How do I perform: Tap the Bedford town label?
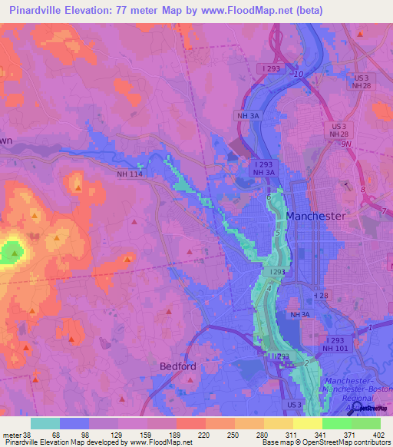(x=179, y=366)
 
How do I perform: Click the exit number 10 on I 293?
(x=299, y=74)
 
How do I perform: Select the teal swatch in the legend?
(x=45, y=422)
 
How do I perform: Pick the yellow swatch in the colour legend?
(x=308, y=422)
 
